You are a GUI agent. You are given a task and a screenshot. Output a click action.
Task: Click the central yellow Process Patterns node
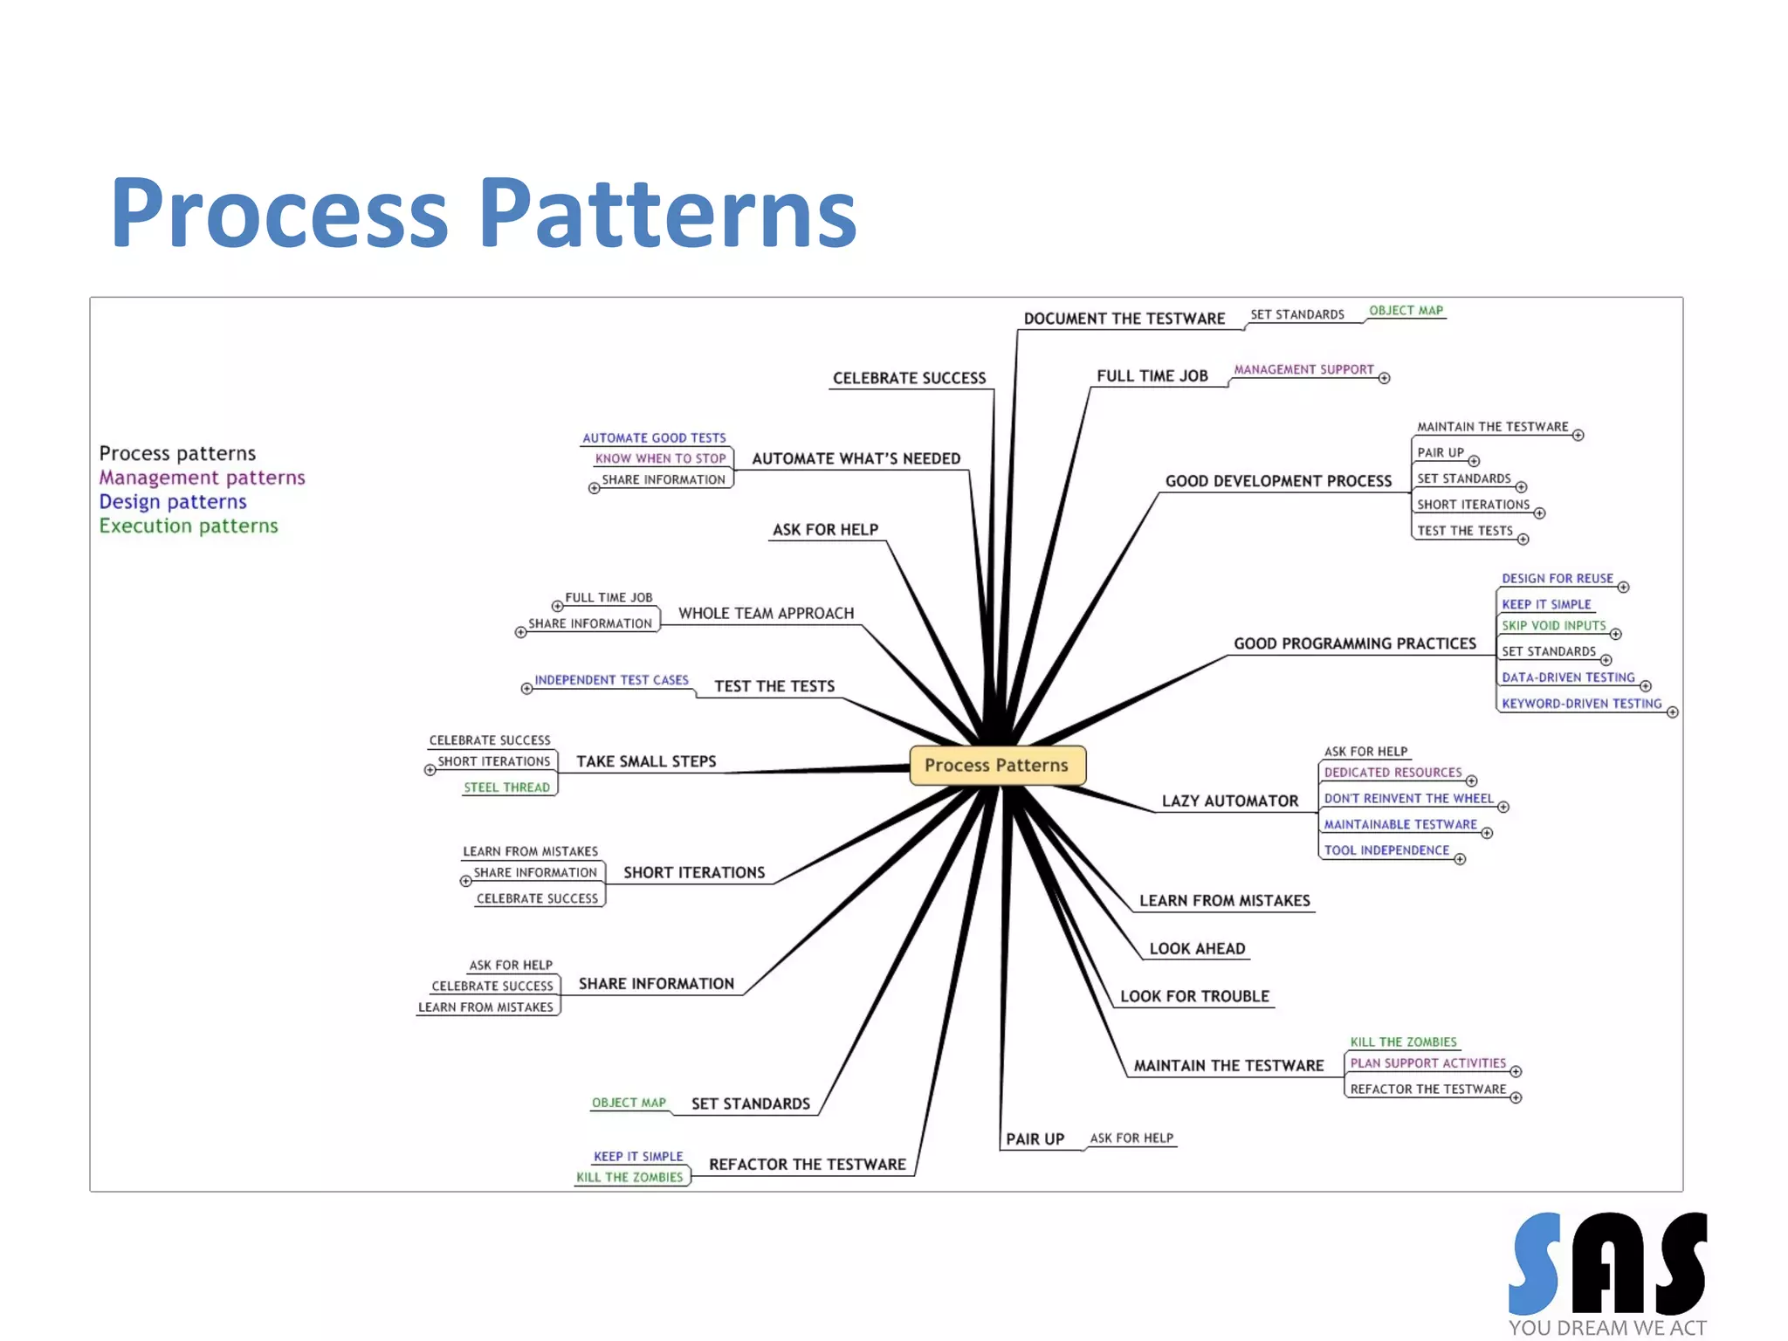click(996, 765)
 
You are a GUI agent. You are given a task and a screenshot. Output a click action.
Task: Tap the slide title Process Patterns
click(484, 213)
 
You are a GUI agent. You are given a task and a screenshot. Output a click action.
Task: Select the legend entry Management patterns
click(202, 478)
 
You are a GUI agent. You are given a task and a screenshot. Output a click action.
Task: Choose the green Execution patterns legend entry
click(189, 526)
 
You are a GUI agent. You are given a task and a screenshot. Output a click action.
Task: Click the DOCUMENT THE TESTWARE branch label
click(1124, 319)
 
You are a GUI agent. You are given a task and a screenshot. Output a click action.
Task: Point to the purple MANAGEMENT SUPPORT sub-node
click(1303, 369)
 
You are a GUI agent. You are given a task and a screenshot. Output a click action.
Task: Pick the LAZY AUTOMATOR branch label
click(1229, 801)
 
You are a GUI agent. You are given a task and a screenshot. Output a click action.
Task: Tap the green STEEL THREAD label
click(506, 787)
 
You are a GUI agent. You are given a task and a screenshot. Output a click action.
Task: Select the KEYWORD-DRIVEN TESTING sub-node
click(1581, 703)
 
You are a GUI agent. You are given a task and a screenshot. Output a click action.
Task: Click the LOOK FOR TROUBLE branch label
click(1194, 996)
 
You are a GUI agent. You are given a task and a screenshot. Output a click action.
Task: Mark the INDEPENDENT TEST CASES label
click(611, 679)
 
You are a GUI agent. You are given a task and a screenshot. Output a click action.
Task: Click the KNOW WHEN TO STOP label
click(660, 458)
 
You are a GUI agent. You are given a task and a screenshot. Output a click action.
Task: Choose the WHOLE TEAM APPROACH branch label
click(766, 613)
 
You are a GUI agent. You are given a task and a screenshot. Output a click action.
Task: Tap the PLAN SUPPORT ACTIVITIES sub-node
click(1427, 1062)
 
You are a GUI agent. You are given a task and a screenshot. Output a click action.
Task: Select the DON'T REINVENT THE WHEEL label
click(1408, 798)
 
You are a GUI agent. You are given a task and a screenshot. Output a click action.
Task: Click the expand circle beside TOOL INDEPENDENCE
click(1460, 859)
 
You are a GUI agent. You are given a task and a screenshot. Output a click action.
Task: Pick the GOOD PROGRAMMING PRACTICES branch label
click(1354, 643)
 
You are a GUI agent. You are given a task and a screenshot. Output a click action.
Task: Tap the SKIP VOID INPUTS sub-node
click(1553, 625)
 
